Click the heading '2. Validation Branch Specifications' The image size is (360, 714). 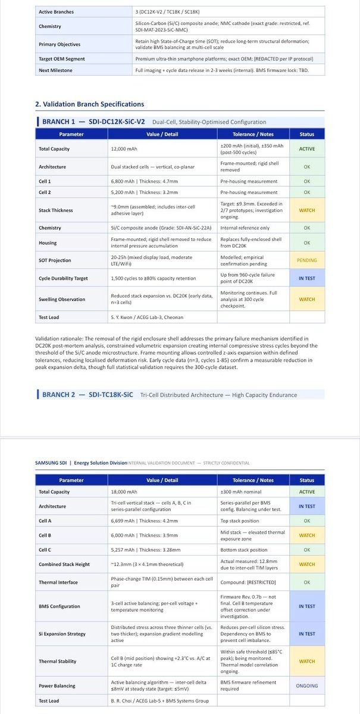(90, 104)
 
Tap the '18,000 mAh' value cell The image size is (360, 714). (123, 492)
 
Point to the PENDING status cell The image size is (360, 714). (307, 260)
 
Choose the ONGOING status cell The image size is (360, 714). (307, 685)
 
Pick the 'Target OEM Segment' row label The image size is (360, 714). (62, 59)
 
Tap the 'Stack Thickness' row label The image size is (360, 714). (56, 210)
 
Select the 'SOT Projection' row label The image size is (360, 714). (55, 260)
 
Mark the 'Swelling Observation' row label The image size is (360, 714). (62, 299)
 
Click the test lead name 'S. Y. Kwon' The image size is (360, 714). (125, 317)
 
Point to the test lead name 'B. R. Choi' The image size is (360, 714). (124, 701)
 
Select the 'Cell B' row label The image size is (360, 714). (45, 535)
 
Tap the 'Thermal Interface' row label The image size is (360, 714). (58, 583)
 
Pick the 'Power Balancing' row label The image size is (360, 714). (57, 685)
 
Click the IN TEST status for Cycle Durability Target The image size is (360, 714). (307, 278)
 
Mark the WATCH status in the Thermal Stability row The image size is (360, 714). (307, 661)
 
